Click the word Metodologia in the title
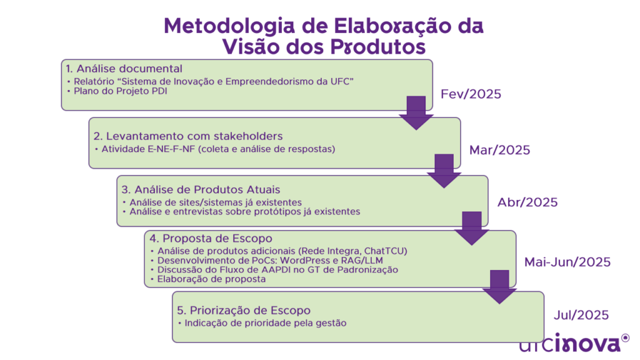coord(229,27)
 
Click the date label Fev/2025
coord(471,94)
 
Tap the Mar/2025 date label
coord(499,150)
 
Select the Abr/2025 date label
coord(527,202)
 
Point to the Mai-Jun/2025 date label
coord(567,262)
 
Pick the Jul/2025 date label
coord(581,315)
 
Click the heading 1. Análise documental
coord(124,69)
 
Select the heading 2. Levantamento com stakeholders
coord(188,136)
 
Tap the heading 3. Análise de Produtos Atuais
coord(201,190)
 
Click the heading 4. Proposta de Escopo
coord(211,238)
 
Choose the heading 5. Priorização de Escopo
coord(244,310)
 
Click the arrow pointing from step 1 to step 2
coord(416,113)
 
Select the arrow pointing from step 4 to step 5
coord(499,287)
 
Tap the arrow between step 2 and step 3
coord(444,171)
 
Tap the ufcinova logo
coord(574,343)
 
